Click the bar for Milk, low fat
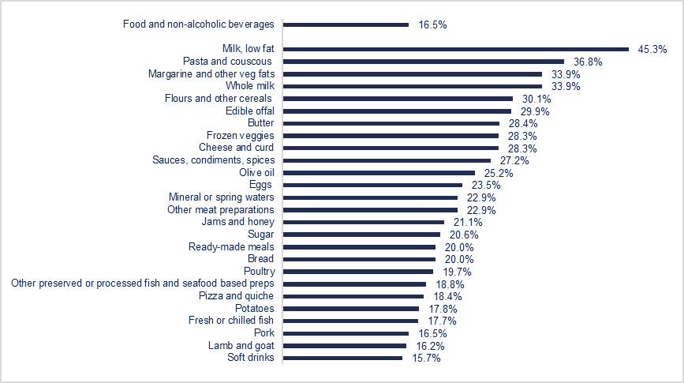(x=455, y=49)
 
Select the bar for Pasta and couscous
(x=423, y=61)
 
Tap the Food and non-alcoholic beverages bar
(x=346, y=24)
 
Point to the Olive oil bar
(x=379, y=172)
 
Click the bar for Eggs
(x=372, y=185)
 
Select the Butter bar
(x=391, y=123)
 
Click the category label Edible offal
(x=249, y=111)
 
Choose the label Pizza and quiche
(x=237, y=296)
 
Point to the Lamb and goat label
(x=241, y=345)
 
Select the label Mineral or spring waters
(x=222, y=197)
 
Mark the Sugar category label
(x=259, y=235)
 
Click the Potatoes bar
(x=350, y=308)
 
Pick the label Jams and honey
(x=237, y=222)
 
